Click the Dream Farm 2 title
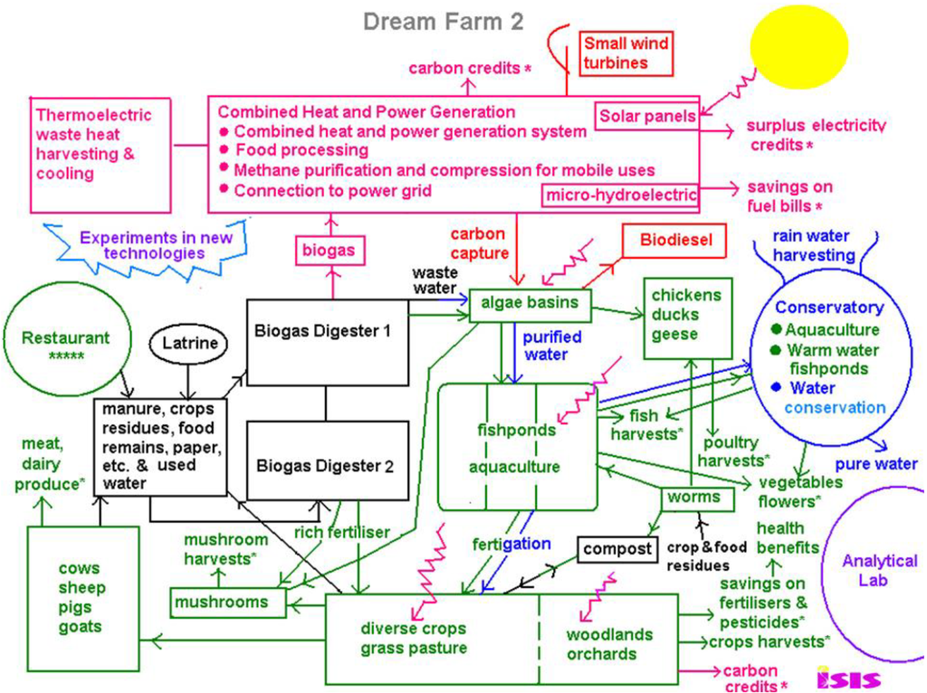tap(443, 22)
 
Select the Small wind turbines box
tap(626, 53)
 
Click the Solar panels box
tap(646, 116)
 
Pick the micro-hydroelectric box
tap(620, 195)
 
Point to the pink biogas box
tap(328, 250)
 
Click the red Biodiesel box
tap(676, 241)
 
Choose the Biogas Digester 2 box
tap(324, 467)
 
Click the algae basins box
tap(530, 304)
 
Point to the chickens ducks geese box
tap(687, 315)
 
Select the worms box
tap(693, 497)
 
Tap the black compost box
tap(617, 549)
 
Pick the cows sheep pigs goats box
tap(83, 597)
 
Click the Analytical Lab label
tap(879, 571)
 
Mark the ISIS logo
tap(847, 677)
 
